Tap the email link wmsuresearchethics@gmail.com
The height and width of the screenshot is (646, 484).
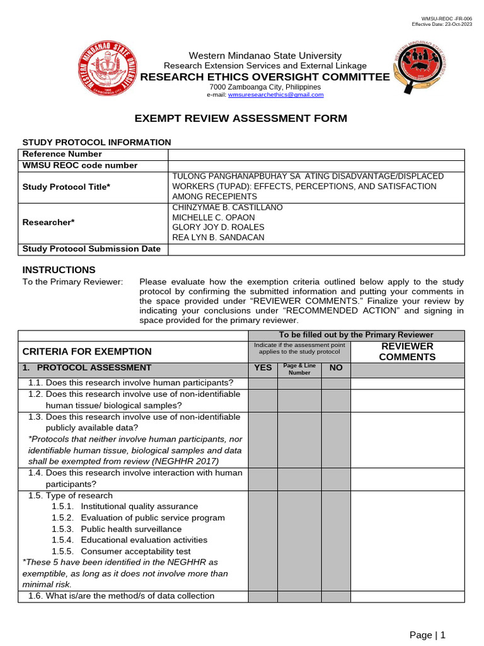point(275,95)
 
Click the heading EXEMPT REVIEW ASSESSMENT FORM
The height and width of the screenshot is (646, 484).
point(241,119)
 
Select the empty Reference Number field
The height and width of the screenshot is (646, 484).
point(316,155)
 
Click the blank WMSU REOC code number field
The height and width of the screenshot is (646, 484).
point(316,166)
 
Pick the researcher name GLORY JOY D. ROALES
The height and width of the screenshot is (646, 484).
point(218,227)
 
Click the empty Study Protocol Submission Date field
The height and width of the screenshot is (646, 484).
point(316,249)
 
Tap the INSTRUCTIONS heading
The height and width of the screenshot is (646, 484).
point(59,270)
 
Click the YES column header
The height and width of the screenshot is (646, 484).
point(263,368)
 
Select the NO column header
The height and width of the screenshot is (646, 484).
point(336,368)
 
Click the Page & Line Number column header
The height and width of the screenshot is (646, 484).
point(299,369)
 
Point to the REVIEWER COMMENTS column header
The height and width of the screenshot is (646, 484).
point(406,351)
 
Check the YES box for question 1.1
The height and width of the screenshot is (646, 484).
point(263,383)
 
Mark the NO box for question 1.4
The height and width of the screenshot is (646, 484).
point(336,479)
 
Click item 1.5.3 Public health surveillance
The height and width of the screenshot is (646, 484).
point(131,529)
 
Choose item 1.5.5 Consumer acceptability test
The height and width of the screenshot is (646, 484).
point(135,551)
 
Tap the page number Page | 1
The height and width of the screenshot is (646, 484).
point(427,635)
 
